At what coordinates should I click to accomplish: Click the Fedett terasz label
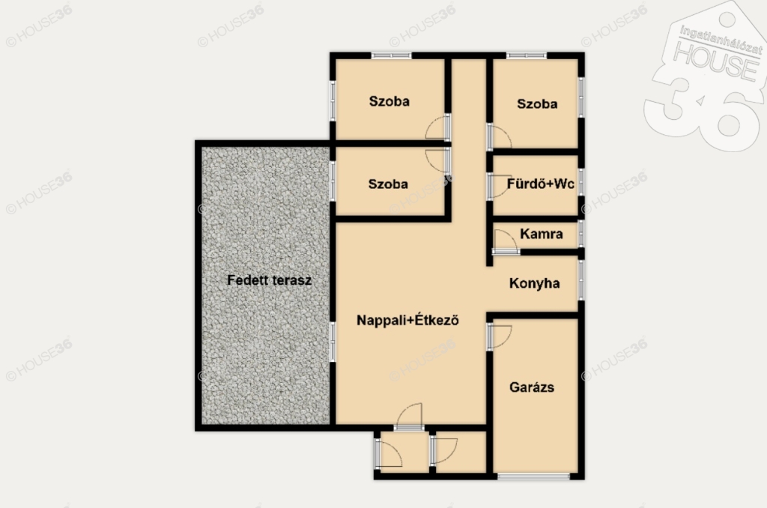(x=269, y=280)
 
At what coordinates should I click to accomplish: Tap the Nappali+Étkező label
(x=407, y=321)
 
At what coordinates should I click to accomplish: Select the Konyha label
(x=534, y=284)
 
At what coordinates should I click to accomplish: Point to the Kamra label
(x=541, y=234)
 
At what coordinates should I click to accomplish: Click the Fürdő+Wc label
(x=540, y=184)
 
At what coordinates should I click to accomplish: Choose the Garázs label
(x=532, y=387)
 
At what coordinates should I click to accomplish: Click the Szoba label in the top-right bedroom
(x=537, y=103)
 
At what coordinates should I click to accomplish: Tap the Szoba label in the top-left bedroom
(x=389, y=101)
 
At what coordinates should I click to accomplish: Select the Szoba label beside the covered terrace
(x=388, y=184)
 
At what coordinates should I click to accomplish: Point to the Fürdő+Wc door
(x=498, y=186)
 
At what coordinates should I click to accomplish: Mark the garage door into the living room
(x=499, y=336)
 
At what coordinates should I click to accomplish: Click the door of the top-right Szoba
(x=499, y=136)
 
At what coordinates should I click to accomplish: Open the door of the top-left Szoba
(x=437, y=127)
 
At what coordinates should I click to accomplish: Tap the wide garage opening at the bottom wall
(x=534, y=477)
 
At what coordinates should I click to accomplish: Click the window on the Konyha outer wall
(x=581, y=280)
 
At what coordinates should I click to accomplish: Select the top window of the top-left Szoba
(x=391, y=55)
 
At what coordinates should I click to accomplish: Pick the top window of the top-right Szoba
(x=527, y=55)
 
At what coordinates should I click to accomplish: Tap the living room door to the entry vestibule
(x=410, y=417)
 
